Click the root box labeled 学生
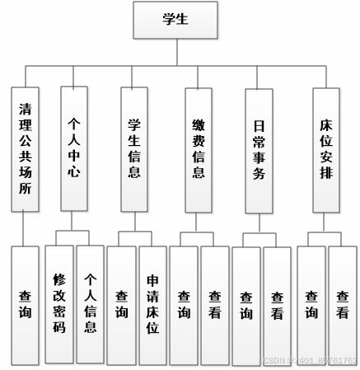click(x=175, y=20)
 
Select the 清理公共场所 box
click(x=25, y=148)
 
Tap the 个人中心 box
click(x=74, y=148)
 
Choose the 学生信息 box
click(x=133, y=148)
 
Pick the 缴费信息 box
click(x=199, y=148)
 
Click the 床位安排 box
click(x=326, y=148)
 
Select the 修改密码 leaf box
click(x=59, y=303)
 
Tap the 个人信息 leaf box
click(x=90, y=303)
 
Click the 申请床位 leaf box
click(x=152, y=303)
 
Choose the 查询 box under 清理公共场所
click(x=25, y=303)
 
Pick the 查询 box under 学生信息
click(x=121, y=303)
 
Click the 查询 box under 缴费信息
click(x=184, y=303)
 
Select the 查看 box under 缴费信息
click(x=214, y=303)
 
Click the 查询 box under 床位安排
click(x=311, y=303)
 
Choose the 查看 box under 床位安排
click(x=342, y=303)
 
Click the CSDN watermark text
click(x=310, y=361)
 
